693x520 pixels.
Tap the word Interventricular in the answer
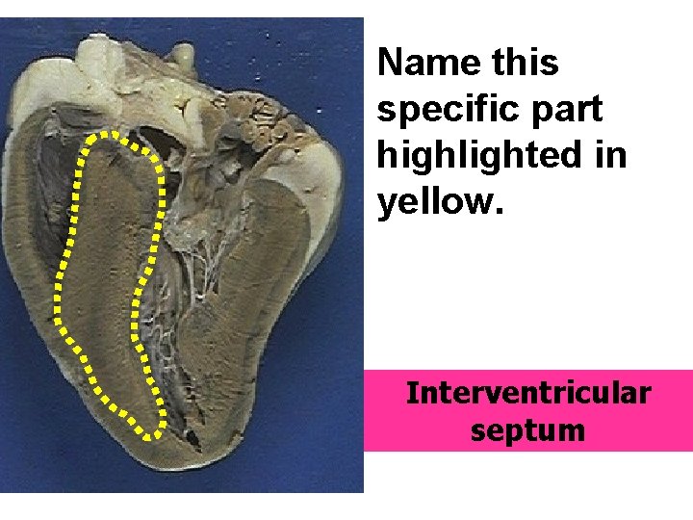click(527, 394)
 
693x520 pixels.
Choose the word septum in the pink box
click(527, 429)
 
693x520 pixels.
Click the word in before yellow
click(610, 156)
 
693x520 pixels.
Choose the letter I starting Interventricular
click(412, 394)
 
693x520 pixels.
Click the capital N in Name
click(390, 64)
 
